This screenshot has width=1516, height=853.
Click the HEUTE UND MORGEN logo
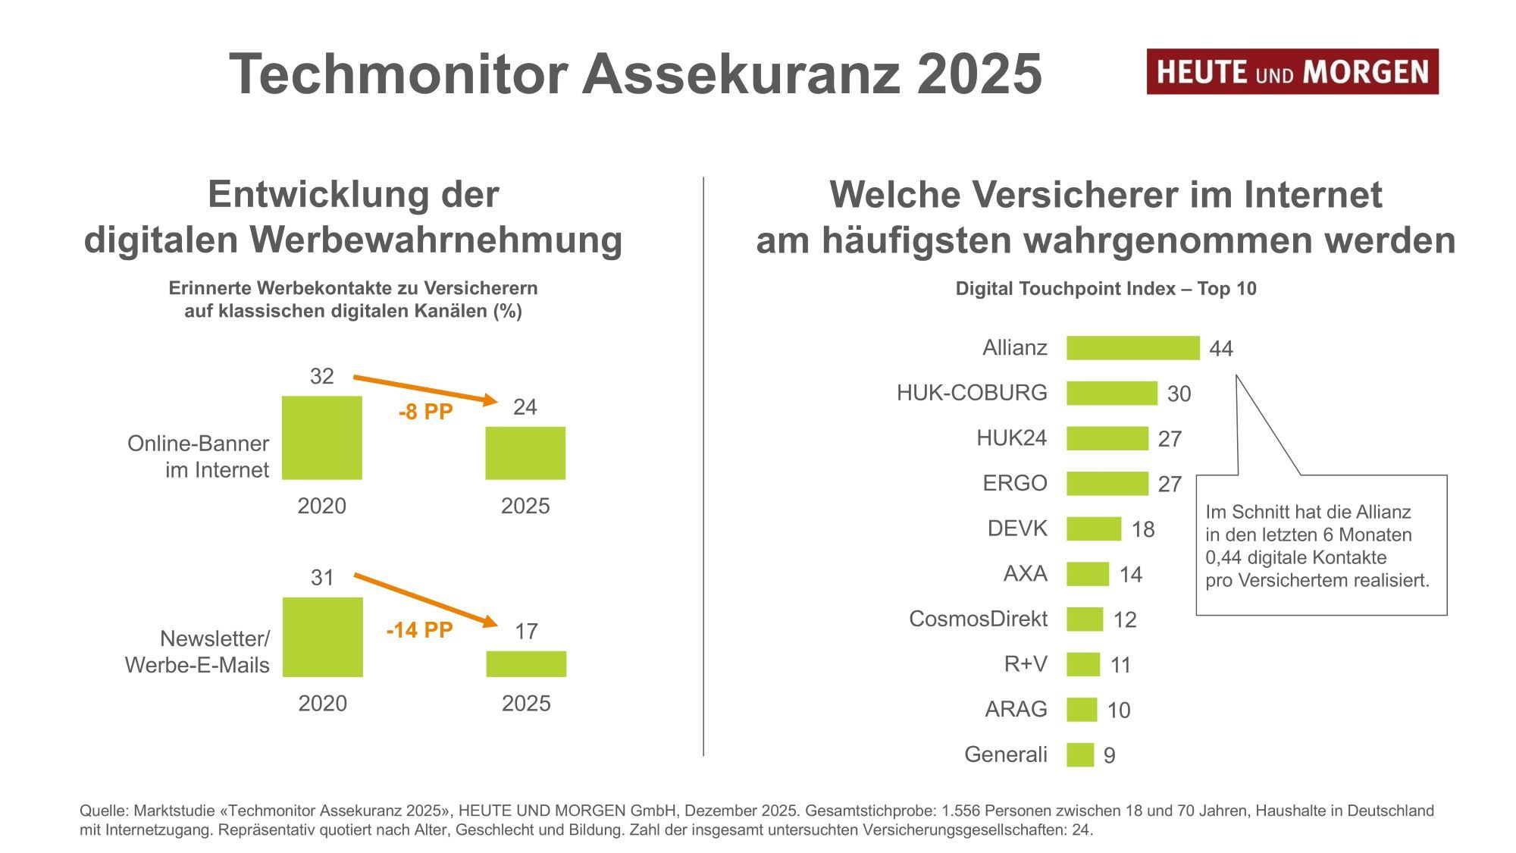[x=1292, y=72]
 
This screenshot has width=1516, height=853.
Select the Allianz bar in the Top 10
[x=1132, y=348]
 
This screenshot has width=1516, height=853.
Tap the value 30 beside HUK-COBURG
[x=1179, y=394]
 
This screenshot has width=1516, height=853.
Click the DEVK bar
[x=1093, y=528]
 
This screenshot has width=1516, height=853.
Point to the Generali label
[x=1005, y=754]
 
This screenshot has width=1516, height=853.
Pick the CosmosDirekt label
[x=978, y=619]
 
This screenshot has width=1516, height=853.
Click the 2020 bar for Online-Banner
[x=322, y=437]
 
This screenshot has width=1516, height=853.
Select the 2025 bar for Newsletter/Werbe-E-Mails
[x=526, y=664]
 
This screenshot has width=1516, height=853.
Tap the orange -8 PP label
[x=425, y=412]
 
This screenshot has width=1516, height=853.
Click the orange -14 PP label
[x=419, y=630]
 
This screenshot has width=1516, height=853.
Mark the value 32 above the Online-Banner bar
[x=322, y=376]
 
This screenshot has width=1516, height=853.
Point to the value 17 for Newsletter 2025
[x=526, y=632]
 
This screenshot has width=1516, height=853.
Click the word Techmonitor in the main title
[x=398, y=74]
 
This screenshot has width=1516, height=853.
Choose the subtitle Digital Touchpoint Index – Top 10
[x=1105, y=289]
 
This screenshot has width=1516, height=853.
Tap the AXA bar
[x=1087, y=574]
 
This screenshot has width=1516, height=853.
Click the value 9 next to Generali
[x=1109, y=756]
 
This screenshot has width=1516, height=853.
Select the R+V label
[x=1025, y=664]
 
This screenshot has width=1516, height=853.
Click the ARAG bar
[x=1081, y=710]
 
